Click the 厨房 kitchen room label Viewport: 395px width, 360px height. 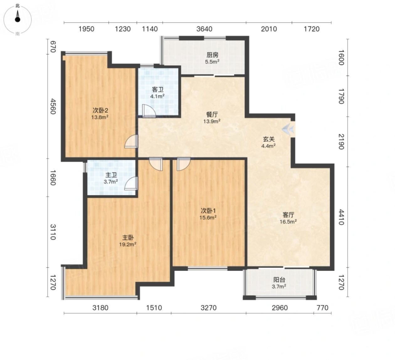212,55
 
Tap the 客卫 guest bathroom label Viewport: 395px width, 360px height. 157,90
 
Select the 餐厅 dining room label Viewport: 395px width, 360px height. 212,115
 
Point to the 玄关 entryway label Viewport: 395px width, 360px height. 269,139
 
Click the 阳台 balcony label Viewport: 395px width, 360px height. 279,280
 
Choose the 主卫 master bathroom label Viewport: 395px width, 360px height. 111,175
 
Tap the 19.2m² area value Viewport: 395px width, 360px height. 128,244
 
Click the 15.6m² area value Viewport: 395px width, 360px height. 208,218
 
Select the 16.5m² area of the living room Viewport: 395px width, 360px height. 288,222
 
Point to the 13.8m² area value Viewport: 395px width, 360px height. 100,117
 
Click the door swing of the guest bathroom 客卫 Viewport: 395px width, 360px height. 149,111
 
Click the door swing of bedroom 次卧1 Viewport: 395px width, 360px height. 183,164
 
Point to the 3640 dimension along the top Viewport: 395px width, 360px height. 204,29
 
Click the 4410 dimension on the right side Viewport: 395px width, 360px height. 341,217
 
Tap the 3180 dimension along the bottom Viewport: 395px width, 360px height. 100,308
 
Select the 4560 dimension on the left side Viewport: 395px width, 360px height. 53,106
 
